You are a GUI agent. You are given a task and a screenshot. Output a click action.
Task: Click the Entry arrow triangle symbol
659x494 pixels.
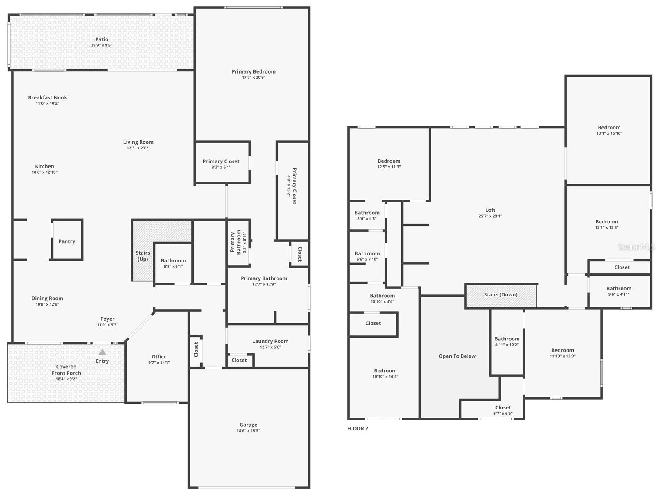coord(102,352)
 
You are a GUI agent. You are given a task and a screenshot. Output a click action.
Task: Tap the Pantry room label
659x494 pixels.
coord(67,241)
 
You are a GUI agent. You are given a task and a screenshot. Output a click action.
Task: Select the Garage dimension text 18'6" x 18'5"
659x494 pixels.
coord(248,431)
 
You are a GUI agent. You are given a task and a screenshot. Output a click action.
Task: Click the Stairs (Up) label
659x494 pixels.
coord(143,256)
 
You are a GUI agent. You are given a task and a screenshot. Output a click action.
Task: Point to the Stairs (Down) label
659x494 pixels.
coord(500,294)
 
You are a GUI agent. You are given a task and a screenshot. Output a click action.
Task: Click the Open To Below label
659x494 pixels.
coord(457,356)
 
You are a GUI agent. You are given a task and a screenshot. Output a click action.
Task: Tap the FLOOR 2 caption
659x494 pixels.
coord(357,428)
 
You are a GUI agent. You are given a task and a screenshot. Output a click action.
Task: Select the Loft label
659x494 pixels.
coord(490,210)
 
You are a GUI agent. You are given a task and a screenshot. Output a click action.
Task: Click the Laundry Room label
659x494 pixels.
coord(270,341)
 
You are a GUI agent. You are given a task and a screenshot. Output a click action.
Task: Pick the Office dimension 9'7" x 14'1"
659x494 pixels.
coord(159,363)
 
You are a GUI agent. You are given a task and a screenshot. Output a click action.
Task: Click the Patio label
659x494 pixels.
coord(101,39)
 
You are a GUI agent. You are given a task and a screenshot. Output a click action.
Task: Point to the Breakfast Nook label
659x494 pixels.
coord(47,97)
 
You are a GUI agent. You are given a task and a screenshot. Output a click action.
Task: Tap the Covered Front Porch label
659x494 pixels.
coord(66,370)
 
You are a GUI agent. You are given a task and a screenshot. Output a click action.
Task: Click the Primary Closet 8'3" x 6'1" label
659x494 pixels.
coord(221,161)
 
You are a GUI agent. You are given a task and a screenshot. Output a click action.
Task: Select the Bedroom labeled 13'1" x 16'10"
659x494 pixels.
coord(609,128)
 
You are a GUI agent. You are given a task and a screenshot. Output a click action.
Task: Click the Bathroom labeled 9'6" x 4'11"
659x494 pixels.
coord(619,289)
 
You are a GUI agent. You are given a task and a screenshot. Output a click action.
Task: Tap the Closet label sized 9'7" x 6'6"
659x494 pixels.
coord(503,408)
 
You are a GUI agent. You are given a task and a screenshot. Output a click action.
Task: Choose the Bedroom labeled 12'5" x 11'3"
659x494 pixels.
coord(389,161)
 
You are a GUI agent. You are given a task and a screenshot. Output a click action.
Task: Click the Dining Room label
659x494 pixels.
coord(47,299)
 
